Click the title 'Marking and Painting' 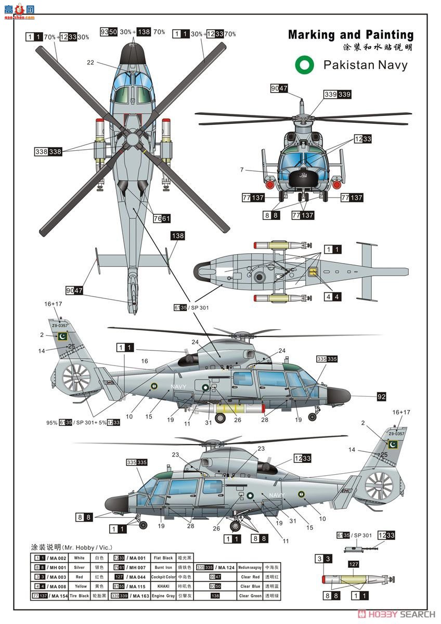[351, 35]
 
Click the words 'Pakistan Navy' [365, 65]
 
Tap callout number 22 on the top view [90, 62]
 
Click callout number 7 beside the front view [242, 170]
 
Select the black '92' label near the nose [381, 397]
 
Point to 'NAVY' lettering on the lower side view [277, 495]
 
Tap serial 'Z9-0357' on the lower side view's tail [396, 433]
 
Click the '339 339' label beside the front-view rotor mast [338, 94]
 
